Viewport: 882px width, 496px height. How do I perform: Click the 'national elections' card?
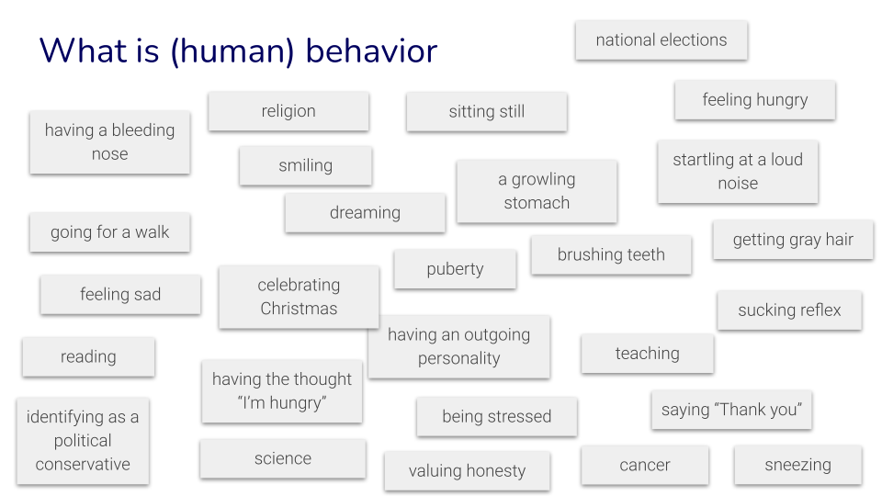coord(661,40)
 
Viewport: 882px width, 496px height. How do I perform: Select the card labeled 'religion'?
coord(288,111)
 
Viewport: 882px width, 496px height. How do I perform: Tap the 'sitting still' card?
coord(487,112)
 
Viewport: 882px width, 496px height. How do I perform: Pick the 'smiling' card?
coord(306,166)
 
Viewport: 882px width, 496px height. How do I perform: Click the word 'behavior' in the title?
coord(371,51)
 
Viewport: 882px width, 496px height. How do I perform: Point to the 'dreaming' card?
coord(365,213)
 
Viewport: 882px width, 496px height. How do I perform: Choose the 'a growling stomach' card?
coord(537,191)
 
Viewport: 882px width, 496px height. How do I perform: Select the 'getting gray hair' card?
coord(793,240)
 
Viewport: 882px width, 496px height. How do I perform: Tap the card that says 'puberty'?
coord(455,269)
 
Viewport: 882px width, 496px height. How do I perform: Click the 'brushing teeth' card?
coord(611,255)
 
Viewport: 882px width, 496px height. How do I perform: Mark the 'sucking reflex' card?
coord(789,310)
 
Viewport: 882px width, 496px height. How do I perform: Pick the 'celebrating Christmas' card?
coord(299,297)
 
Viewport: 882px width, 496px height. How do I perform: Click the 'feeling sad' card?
coord(120,295)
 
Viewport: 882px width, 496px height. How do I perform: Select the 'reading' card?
coord(88,357)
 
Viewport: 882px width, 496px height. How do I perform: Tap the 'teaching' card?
coord(648,354)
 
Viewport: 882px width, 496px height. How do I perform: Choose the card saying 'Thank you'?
coord(732,410)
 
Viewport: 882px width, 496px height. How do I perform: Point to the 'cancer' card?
coord(645,466)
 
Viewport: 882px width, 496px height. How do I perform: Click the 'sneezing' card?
coord(797,466)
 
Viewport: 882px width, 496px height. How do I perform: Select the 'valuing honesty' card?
coord(467,471)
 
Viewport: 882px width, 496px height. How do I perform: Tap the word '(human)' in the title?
coord(233,51)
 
